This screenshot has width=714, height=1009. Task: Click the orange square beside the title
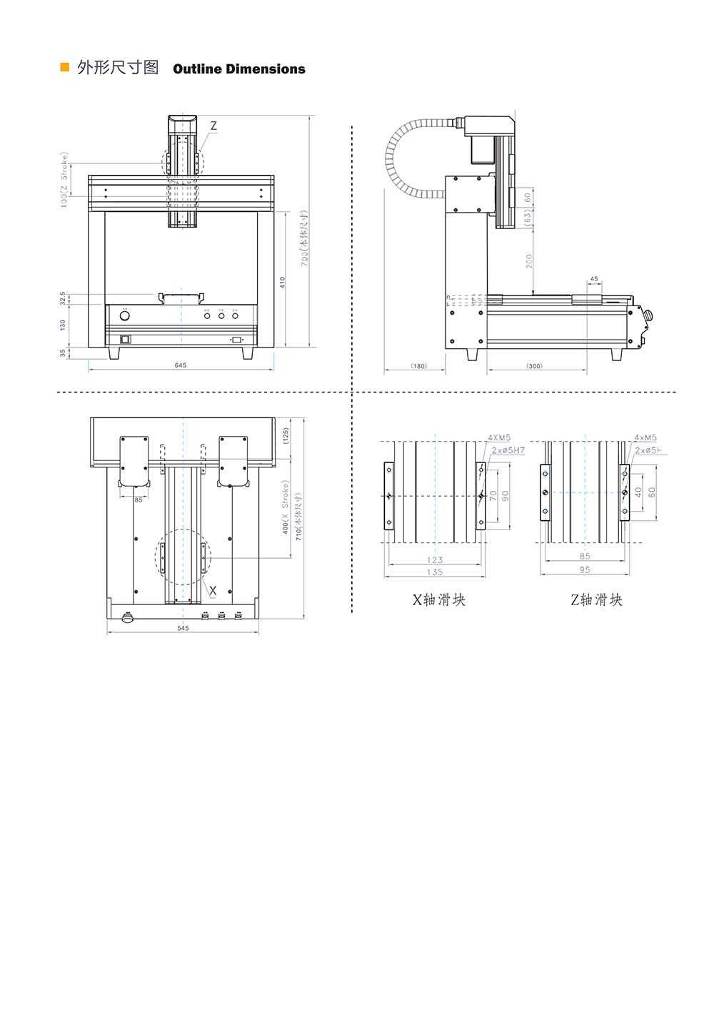tap(64, 68)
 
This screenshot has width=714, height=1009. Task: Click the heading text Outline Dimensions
tap(238, 69)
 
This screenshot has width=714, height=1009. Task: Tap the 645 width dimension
tap(180, 365)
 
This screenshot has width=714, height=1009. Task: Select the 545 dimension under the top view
tap(183, 629)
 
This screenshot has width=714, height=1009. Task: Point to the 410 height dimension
tap(283, 282)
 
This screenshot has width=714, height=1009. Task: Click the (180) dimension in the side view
tap(418, 366)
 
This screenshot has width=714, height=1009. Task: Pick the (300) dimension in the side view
tap(534, 366)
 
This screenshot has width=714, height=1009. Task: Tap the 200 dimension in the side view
tap(528, 261)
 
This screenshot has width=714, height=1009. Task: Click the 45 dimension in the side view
tap(595, 279)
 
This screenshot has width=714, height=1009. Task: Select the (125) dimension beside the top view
tap(286, 436)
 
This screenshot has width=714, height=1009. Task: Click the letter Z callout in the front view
tap(213, 126)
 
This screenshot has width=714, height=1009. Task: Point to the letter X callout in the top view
tap(213, 589)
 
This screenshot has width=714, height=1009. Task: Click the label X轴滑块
tap(438, 600)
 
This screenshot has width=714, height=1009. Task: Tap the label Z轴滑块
tap(596, 600)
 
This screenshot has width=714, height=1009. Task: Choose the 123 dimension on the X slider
tap(435, 560)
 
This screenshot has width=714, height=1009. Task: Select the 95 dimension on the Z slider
tap(585, 570)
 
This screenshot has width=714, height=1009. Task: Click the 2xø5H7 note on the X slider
tap(508, 450)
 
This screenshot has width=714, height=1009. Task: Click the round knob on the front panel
tap(124, 315)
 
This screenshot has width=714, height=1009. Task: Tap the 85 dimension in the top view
tap(139, 500)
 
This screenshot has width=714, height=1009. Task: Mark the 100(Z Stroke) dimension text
tap(64, 180)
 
